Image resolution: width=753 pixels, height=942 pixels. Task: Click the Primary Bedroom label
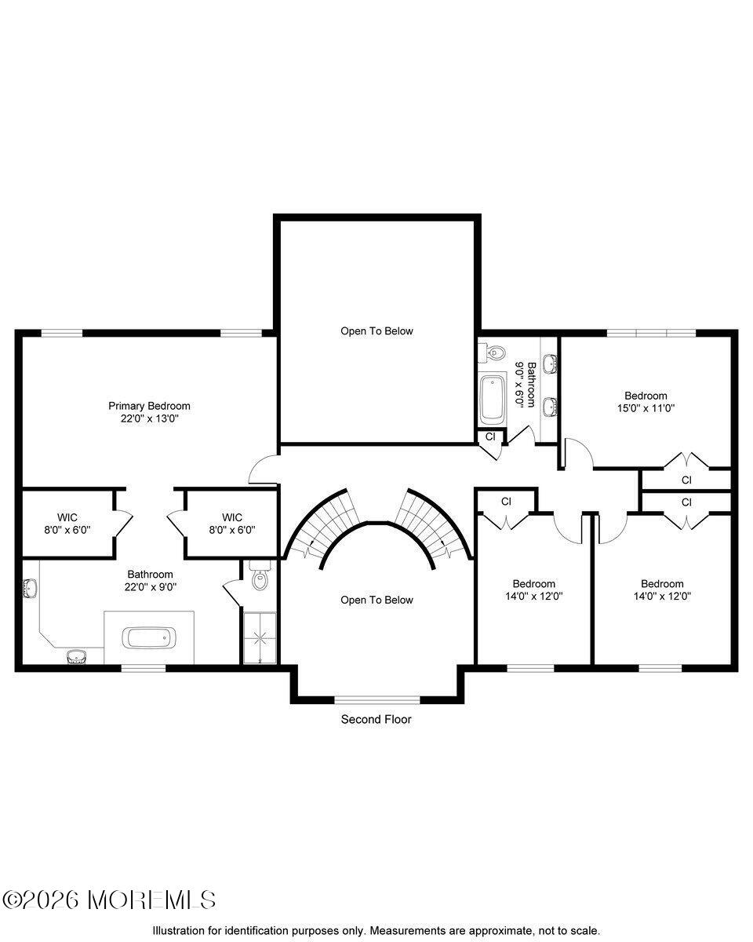[x=149, y=406]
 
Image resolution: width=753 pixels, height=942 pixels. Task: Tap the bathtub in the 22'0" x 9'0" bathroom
[x=149, y=637]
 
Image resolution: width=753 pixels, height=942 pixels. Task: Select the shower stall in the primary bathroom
[x=260, y=637]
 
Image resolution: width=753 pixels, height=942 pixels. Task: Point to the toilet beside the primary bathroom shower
[x=260, y=579]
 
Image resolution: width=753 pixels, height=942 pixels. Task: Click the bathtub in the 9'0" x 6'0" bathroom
[x=493, y=399]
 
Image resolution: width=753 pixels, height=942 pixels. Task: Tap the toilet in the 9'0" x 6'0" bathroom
[x=493, y=354]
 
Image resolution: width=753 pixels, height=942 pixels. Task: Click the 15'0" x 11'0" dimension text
[x=646, y=408]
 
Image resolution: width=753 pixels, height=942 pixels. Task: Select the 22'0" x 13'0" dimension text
[x=149, y=418]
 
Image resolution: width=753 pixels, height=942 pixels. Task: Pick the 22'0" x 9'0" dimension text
[x=150, y=586]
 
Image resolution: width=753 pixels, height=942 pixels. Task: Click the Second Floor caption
[x=376, y=719]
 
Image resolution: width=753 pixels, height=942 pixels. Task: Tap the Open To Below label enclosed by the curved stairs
[x=376, y=600]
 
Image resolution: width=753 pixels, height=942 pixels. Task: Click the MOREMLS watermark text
[x=110, y=900]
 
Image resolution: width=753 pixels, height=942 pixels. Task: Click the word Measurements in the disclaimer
[x=401, y=930]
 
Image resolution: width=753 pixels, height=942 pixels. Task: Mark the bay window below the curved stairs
[x=376, y=698]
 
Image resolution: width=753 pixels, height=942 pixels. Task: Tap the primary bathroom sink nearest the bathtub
[x=77, y=656]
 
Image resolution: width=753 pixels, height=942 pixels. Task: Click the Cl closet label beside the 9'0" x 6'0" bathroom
[x=490, y=436]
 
